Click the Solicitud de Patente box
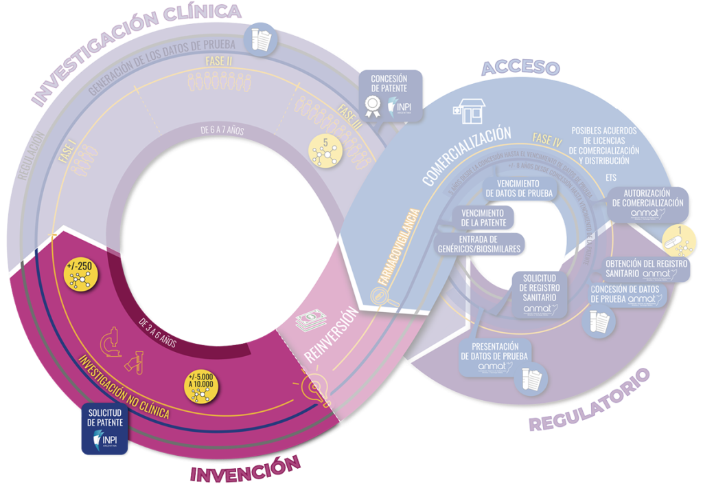coord(104,430)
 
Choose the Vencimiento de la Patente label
coord(484,219)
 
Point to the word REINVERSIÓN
coord(332,333)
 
